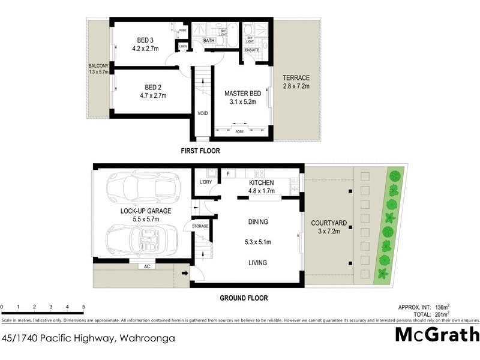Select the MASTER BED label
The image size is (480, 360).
click(x=240, y=94)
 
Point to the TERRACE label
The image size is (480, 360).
click(x=296, y=78)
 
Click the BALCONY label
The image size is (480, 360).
click(x=98, y=66)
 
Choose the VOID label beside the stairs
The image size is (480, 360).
click(x=203, y=113)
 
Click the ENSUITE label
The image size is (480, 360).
click(x=252, y=50)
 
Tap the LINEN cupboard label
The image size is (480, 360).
click(x=183, y=46)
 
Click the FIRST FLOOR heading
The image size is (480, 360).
click(x=200, y=151)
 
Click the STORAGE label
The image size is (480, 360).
click(x=200, y=226)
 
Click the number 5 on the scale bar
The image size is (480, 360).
click(x=83, y=307)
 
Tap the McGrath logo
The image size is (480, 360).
click(x=437, y=335)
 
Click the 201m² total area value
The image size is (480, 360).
click(x=441, y=313)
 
